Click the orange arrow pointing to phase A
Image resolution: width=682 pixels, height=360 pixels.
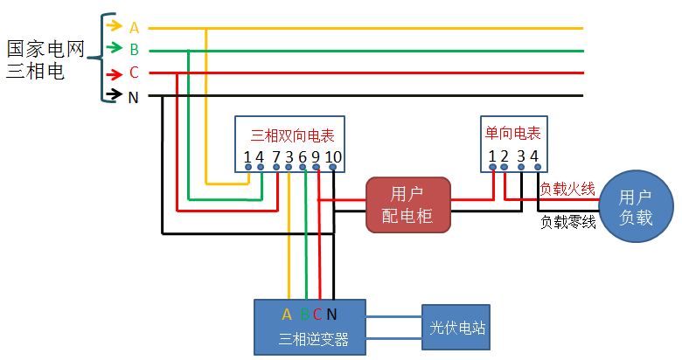point(114,24)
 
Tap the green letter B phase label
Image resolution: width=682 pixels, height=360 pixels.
point(134,50)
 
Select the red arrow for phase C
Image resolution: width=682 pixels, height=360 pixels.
point(115,74)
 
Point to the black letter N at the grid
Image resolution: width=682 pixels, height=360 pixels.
point(134,97)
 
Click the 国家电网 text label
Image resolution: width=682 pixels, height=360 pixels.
point(45,49)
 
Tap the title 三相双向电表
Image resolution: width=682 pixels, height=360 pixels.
point(292,135)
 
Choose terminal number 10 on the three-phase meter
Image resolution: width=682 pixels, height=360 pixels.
point(333,157)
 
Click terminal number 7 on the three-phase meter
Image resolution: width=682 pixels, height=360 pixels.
point(276,157)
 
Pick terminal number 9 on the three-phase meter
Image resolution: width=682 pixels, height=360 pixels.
point(316,157)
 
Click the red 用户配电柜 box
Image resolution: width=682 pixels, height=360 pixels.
point(408,204)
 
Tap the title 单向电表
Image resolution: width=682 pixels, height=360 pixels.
point(512,133)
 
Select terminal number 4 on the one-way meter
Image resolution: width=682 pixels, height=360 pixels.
point(534,156)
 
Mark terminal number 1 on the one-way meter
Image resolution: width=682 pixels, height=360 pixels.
point(492,156)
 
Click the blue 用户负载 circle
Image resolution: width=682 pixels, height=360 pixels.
point(636,206)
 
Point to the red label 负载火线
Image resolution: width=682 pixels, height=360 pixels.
point(567,189)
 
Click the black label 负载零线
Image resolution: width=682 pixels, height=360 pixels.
point(568,222)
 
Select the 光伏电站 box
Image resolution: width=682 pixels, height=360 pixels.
point(456,327)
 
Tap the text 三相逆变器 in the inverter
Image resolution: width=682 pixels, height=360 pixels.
point(314,339)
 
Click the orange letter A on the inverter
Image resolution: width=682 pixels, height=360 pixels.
point(287,315)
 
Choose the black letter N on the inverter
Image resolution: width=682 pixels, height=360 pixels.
point(331,315)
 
